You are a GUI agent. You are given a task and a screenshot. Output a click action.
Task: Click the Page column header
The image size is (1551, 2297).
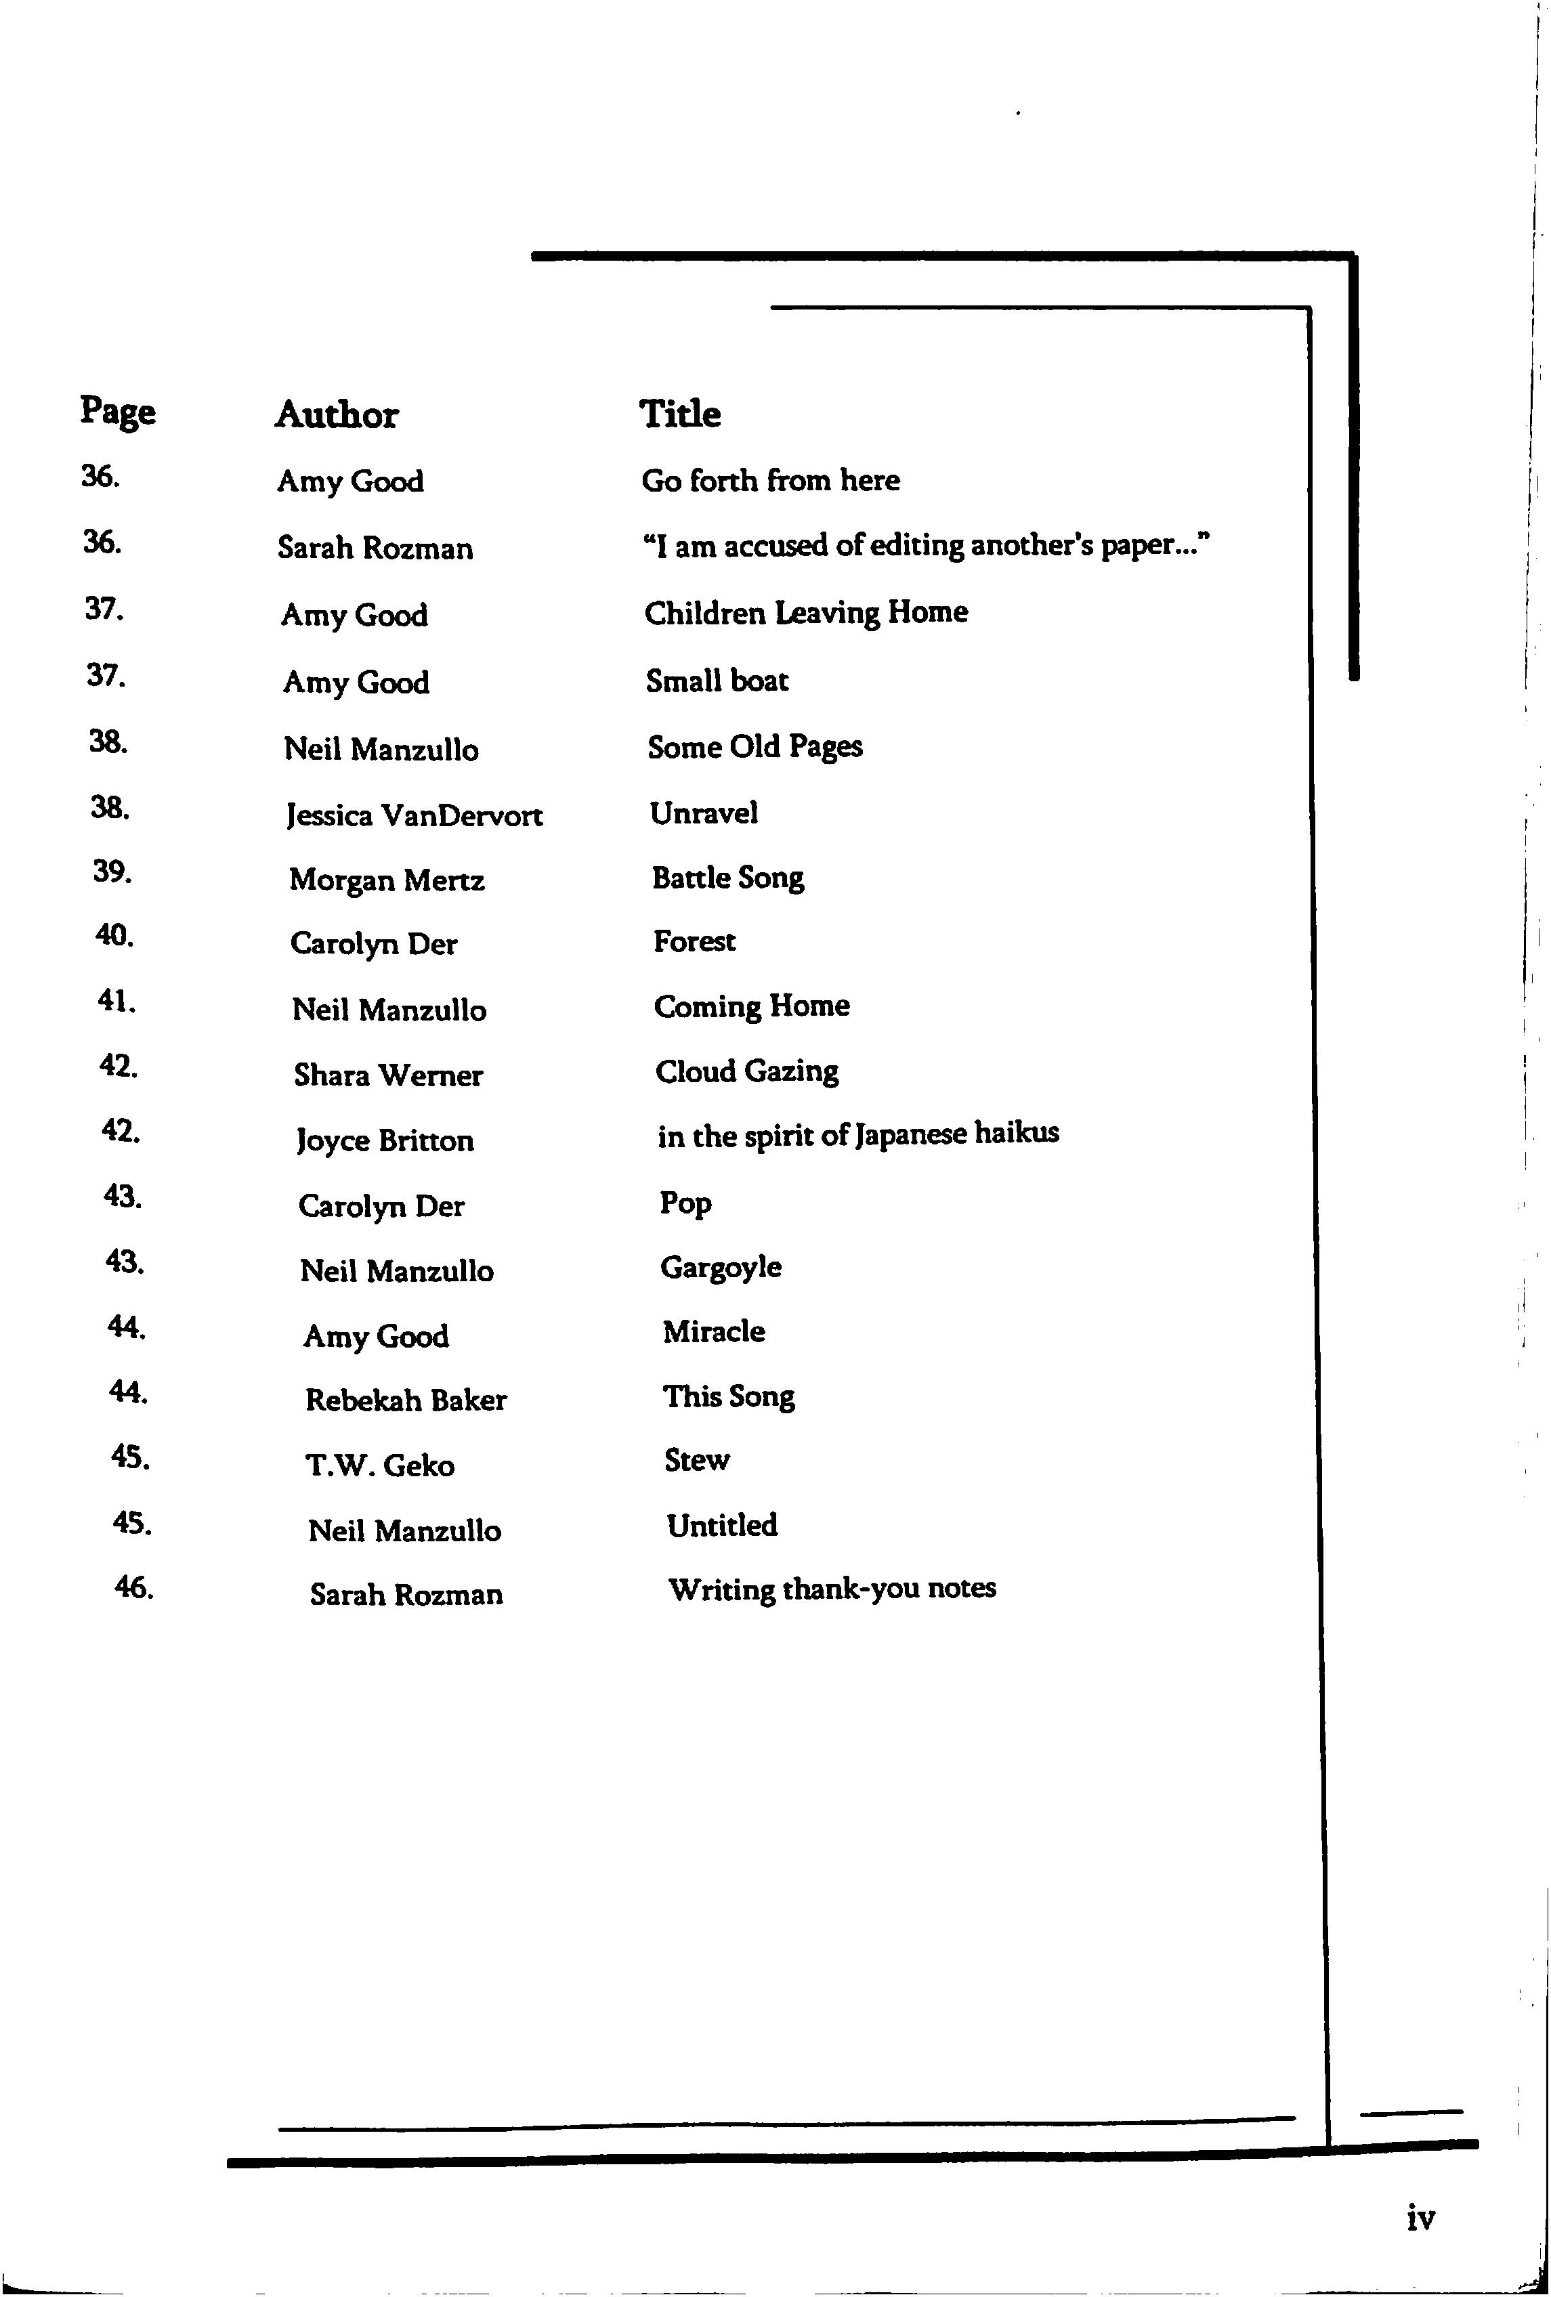click(118, 411)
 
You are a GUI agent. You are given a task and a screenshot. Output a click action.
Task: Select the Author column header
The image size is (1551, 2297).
click(336, 415)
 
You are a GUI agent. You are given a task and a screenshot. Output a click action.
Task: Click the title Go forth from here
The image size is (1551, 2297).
click(770, 480)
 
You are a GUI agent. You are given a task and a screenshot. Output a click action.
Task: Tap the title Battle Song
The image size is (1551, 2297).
click(727, 878)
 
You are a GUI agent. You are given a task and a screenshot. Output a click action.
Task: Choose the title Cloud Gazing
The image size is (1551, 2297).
click(746, 1071)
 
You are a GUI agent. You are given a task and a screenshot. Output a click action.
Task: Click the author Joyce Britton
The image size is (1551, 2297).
click(385, 1140)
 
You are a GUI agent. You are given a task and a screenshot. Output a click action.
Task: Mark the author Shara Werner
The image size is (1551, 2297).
click(387, 1075)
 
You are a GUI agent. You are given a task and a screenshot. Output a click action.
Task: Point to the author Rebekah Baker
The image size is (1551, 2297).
click(405, 1400)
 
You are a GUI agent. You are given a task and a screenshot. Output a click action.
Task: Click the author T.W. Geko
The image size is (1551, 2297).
click(379, 1465)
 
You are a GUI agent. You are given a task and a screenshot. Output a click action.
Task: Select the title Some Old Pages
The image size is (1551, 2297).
click(755, 747)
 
